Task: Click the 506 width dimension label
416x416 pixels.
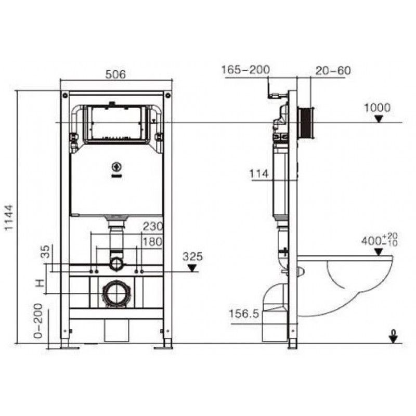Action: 115,74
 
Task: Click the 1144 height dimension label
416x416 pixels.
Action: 9,218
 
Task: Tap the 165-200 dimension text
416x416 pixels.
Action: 245,70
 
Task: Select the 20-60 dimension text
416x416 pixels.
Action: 333,71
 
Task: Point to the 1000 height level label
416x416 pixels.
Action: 377,108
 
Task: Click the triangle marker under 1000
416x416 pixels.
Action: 379,119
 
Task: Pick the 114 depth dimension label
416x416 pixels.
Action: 259,174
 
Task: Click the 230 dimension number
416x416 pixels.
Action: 153,226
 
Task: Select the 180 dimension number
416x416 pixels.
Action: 152,242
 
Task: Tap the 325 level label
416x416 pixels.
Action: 193,256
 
